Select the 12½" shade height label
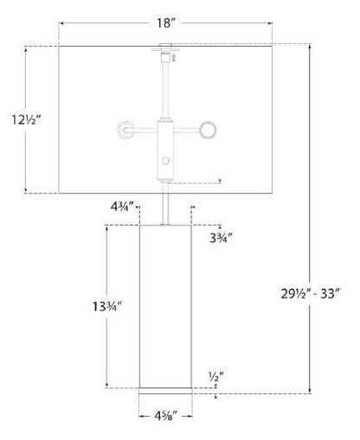click(26, 119)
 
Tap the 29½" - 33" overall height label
click(311, 294)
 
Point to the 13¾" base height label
click(107, 306)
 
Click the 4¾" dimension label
click(122, 207)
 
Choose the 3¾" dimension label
click(221, 239)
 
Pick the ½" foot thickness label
click(216, 376)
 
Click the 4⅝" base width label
click(165, 416)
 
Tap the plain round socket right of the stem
click(209, 130)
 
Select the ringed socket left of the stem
click(126, 130)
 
